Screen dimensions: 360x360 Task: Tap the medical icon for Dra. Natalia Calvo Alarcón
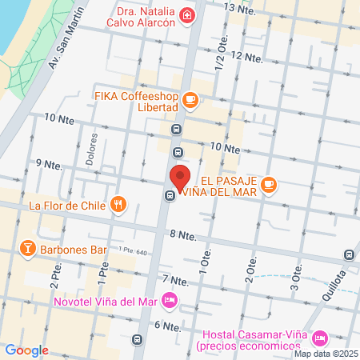(x=186, y=15)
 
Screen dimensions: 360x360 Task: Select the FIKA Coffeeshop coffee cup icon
(x=190, y=99)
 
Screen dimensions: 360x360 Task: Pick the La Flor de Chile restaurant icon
(x=118, y=204)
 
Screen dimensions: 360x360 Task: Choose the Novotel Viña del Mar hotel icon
(x=169, y=301)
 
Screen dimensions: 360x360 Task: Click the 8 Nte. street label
(x=183, y=235)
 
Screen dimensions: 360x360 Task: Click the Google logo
(x=26, y=350)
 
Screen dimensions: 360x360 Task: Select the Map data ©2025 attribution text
(x=325, y=354)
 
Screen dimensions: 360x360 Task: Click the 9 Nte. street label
(x=49, y=164)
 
